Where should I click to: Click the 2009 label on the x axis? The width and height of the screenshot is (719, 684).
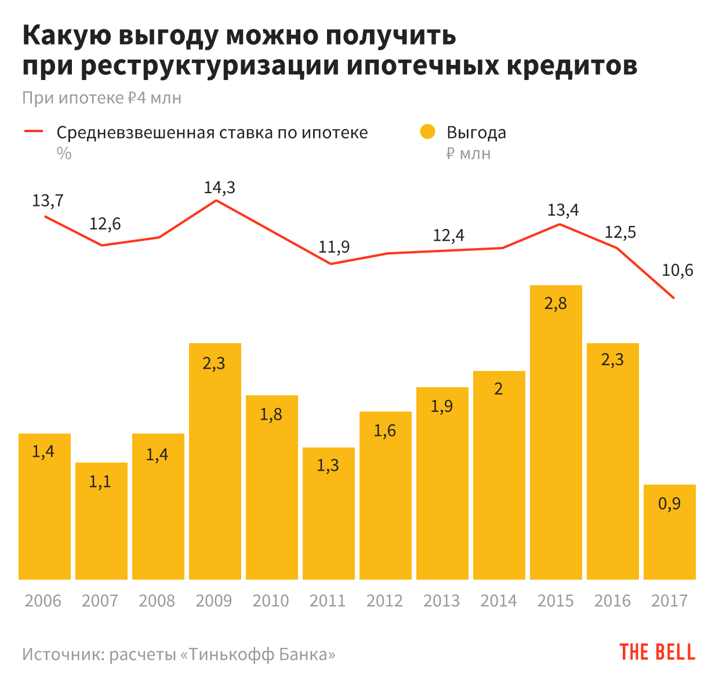(x=214, y=601)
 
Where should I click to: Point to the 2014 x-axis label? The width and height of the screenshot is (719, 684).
(x=498, y=601)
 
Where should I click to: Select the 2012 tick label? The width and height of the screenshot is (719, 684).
(x=384, y=601)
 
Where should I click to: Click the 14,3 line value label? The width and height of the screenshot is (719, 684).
(x=219, y=187)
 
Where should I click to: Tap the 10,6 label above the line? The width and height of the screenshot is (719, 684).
(x=677, y=270)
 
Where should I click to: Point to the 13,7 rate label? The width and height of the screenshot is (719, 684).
(x=48, y=201)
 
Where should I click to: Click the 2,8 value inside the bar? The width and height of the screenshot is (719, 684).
(x=555, y=303)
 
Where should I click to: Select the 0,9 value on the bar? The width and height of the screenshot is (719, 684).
(x=669, y=503)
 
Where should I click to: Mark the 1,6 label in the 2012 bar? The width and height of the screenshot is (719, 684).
(x=384, y=430)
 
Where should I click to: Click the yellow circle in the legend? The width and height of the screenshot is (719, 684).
(x=427, y=132)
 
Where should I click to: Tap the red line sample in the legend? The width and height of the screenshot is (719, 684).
(x=34, y=132)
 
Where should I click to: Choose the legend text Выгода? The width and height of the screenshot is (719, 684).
(x=476, y=133)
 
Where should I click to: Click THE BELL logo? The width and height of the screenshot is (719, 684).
(x=657, y=652)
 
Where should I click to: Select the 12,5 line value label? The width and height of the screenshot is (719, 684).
(x=620, y=232)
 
